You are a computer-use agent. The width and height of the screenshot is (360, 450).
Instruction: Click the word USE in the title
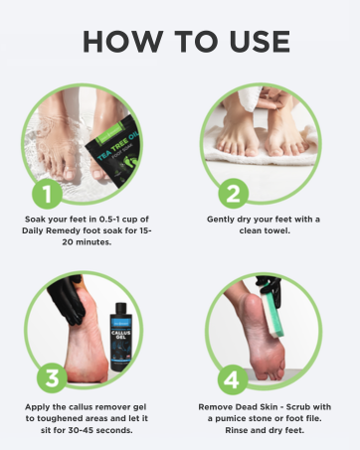[251, 42]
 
